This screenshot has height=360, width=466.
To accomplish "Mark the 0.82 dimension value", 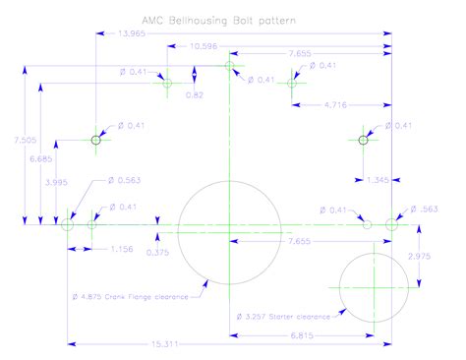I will pos(194,94).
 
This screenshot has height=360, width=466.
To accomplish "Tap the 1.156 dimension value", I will pos(124,247).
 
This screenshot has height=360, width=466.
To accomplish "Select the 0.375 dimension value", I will pos(156,253).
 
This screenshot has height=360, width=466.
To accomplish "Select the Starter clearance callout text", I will pos(285,317).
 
